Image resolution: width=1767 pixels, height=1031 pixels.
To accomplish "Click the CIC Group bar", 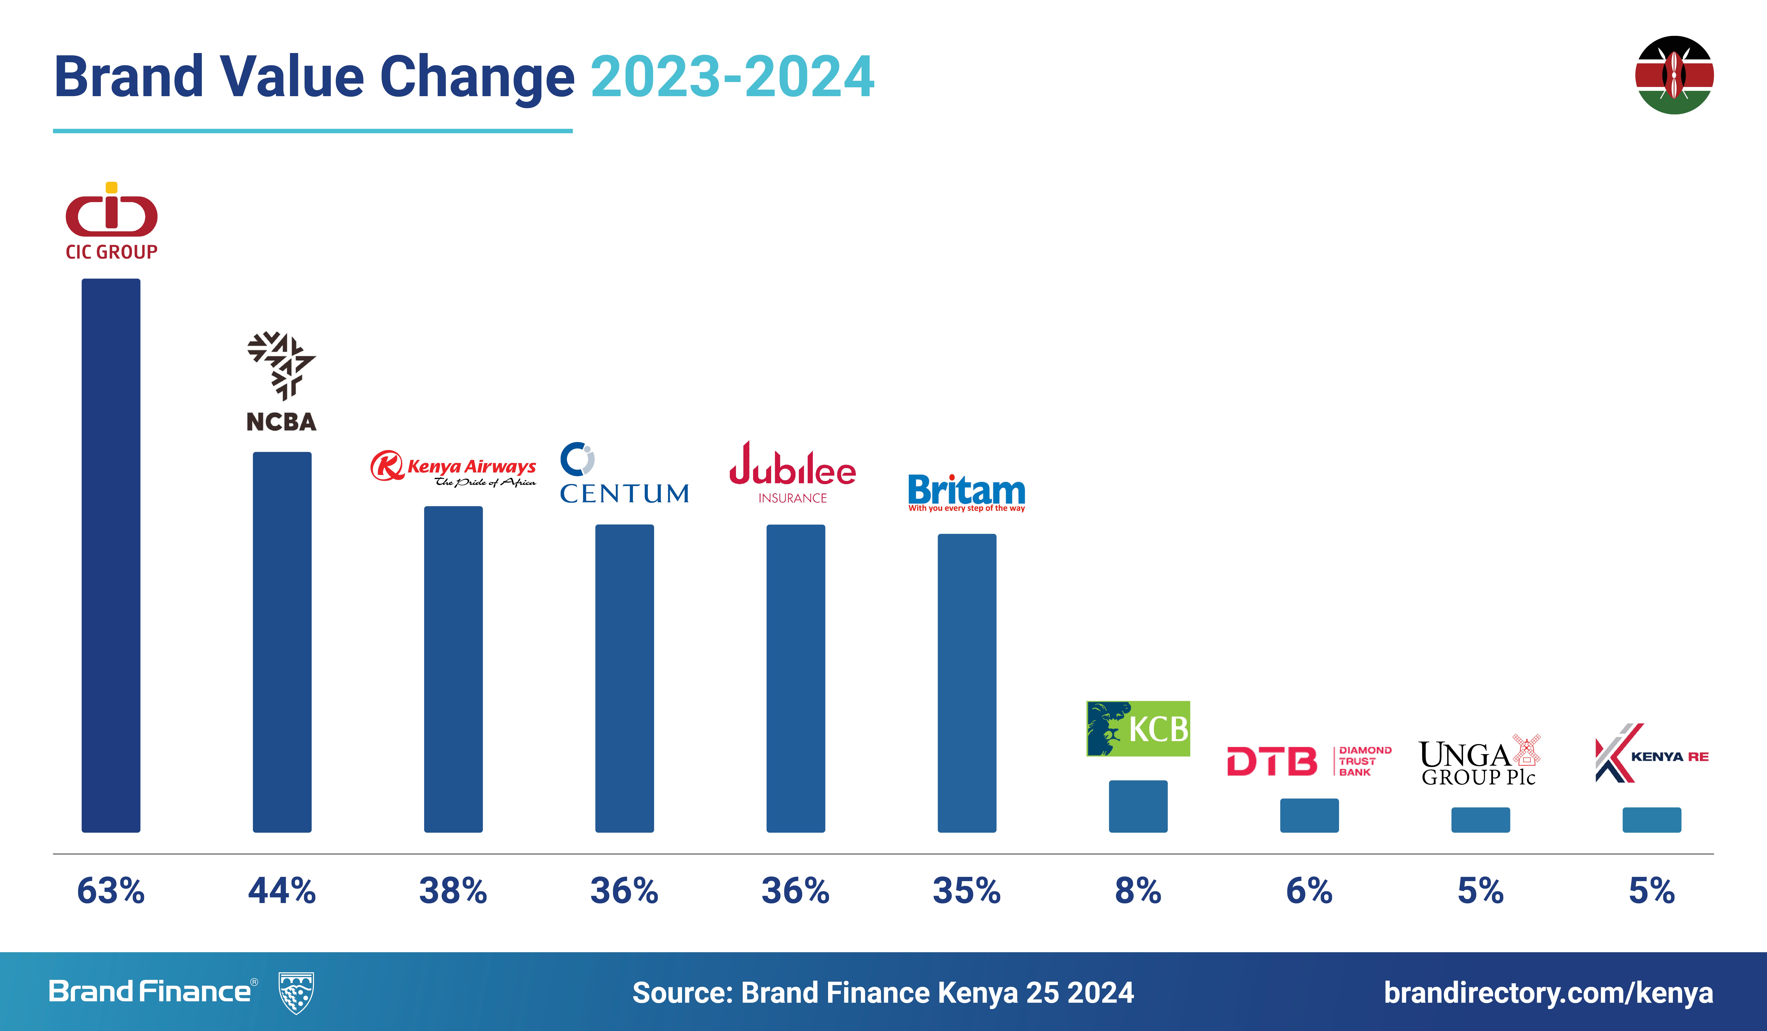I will pyautogui.click(x=111, y=556).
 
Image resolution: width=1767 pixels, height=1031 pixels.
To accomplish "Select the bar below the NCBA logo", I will pyautogui.click(x=282, y=642).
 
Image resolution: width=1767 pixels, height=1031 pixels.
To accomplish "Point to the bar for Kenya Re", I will pyautogui.click(x=1651, y=820).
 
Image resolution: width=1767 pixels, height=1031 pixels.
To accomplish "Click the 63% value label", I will pyautogui.click(x=111, y=891).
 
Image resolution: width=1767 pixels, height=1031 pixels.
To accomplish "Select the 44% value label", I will pyautogui.click(x=282, y=891).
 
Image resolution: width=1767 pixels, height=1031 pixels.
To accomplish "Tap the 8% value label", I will pyautogui.click(x=1138, y=891).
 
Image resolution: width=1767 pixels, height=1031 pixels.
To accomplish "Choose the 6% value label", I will pyautogui.click(x=1309, y=891).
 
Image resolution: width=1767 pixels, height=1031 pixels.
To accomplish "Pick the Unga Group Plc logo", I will pyautogui.click(x=1480, y=761).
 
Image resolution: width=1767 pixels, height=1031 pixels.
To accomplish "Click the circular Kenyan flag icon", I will pyautogui.click(x=1674, y=75).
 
